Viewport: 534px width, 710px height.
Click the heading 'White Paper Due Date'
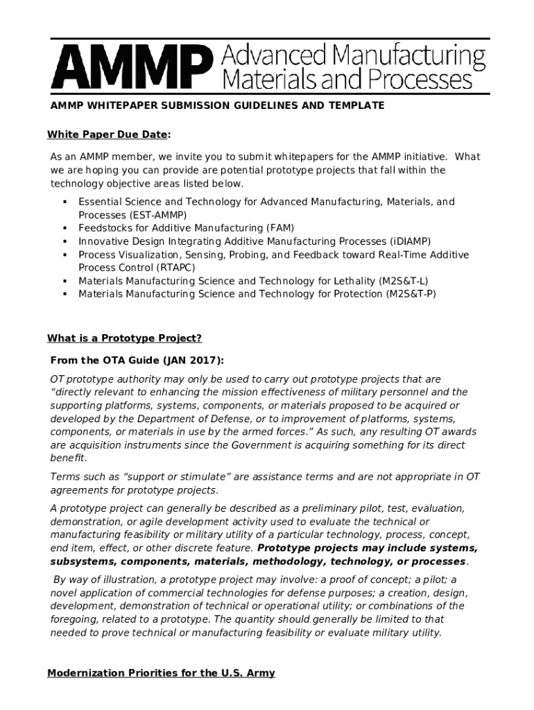pos(108,135)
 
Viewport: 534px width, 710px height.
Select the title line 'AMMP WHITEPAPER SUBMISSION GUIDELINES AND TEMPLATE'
pos(217,105)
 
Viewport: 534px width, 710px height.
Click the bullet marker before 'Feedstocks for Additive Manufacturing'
pos(64,228)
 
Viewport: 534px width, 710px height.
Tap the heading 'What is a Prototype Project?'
pos(125,338)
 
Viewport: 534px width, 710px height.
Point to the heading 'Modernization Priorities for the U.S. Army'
pos(161,673)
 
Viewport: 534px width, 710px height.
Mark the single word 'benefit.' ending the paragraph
pos(68,459)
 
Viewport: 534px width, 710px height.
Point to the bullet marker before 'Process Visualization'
pos(64,254)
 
